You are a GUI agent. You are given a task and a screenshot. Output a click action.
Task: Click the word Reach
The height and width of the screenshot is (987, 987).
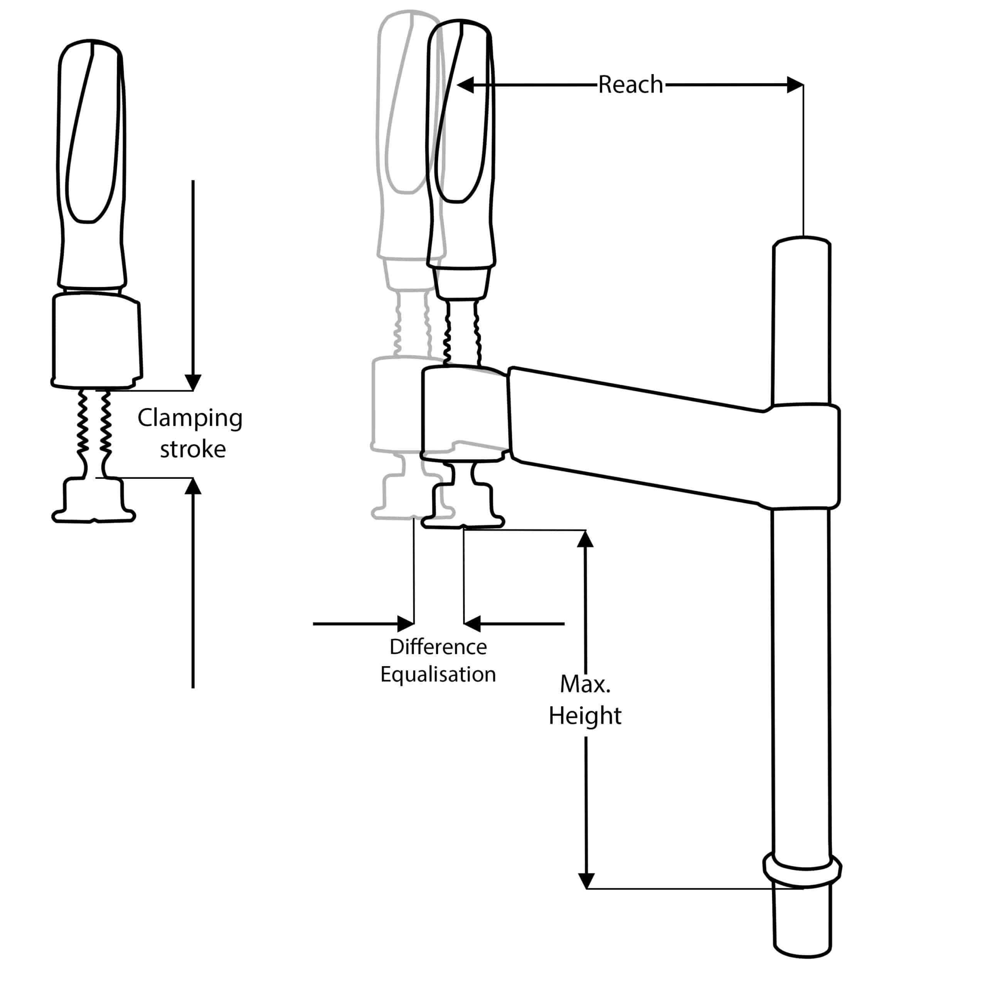630,85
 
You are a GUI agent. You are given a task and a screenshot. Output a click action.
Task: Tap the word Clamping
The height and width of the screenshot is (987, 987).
190,418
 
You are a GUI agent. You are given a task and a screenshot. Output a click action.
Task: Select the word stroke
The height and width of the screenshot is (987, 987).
193,450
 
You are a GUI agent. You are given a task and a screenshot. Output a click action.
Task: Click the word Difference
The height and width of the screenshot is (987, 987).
438,647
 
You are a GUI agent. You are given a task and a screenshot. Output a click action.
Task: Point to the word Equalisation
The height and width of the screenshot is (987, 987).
438,674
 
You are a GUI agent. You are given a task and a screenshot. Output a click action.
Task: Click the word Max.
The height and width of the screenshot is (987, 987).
585,684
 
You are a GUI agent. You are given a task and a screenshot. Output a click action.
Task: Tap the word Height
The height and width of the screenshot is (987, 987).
585,715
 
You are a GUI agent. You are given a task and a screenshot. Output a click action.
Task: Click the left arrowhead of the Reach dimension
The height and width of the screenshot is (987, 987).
465,85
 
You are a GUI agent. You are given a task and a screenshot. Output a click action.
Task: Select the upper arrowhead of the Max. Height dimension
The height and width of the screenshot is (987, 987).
586,539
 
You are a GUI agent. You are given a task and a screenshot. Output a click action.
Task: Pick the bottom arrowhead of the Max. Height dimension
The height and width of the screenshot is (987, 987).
586,880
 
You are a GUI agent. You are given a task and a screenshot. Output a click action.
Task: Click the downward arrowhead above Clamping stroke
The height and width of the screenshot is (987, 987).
193,382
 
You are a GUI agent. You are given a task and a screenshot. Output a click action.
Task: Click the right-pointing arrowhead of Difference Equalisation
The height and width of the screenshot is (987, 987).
406,624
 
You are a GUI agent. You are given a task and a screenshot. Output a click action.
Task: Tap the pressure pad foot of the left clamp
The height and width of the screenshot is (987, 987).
93,503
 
